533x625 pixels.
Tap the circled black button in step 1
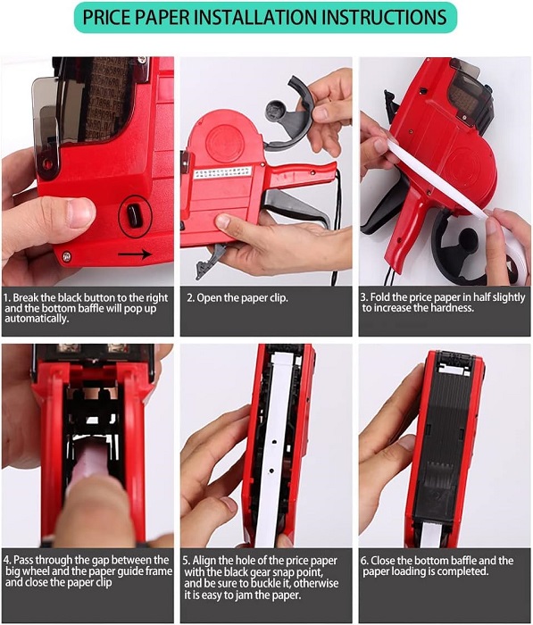135,216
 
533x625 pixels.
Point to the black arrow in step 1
135,254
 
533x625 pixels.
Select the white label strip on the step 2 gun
223,172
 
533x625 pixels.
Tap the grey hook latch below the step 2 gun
210,260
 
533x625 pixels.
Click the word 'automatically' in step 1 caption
37,319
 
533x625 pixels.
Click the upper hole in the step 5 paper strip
275,442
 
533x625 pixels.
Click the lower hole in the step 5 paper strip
272,471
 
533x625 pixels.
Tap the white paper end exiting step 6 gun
429,534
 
